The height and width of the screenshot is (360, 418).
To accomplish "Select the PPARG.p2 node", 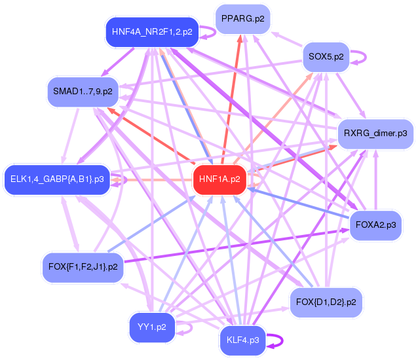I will pyautogui.click(x=243, y=18).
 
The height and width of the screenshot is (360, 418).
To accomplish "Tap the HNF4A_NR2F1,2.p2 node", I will pyautogui.click(x=152, y=31).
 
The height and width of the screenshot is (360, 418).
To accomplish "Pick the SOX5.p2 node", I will pyautogui.click(x=326, y=57).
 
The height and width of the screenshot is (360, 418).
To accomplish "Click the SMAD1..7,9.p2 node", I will pyautogui.click(x=83, y=91).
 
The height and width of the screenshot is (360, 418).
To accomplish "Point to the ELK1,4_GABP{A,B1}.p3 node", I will pyautogui.click(x=58, y=179).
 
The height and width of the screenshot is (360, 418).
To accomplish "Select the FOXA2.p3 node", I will pyautogui.click(x=376, y=225).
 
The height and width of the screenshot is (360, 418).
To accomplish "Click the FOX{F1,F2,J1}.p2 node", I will pyautogui.click(x=83, y=267).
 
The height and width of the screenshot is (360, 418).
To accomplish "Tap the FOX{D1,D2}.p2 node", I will pyautogui.click(x=326, y=302).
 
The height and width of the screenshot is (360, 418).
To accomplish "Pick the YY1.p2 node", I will pyautogui.click(x=152, y=327).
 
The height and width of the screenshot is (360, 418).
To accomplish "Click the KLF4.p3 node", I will pyautogui.click(x=242, y=340).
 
